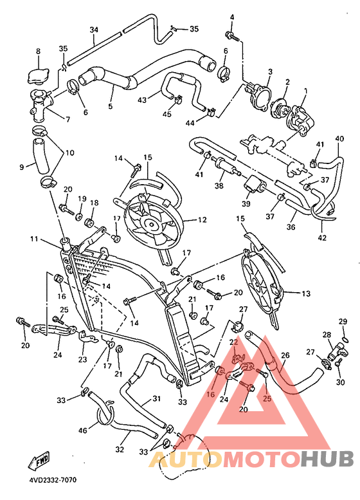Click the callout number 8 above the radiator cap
[x=37, y=51]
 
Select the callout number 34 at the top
[x=94, y=30]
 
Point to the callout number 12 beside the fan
[x=203, y=220]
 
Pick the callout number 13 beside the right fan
[x=306, y=293]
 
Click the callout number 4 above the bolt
[x=232, y=17]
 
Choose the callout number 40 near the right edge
[x=339, y=138]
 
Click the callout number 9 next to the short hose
[x=22, y=167]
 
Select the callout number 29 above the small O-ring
[x=343, y=321]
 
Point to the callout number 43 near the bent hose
[x=142, y=100]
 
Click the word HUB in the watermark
[x=327, y=458]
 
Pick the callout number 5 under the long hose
[x=111, y=106]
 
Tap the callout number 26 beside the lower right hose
[x=285, y=355]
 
